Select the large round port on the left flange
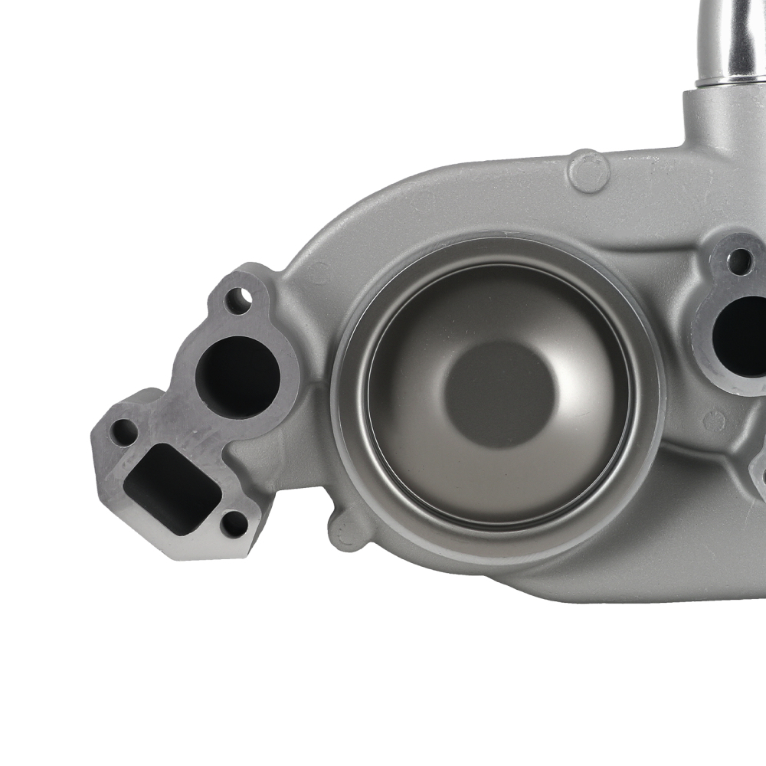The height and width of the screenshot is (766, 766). coord(237,376)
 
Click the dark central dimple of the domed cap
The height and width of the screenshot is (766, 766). coord(499,394)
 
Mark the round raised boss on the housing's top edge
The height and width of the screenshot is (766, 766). coord(589,170)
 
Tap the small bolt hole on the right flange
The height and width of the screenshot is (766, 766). coord(738,261)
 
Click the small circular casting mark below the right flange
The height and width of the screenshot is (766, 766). coord(712,421)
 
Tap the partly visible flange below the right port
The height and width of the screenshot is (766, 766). coord(758,467)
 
